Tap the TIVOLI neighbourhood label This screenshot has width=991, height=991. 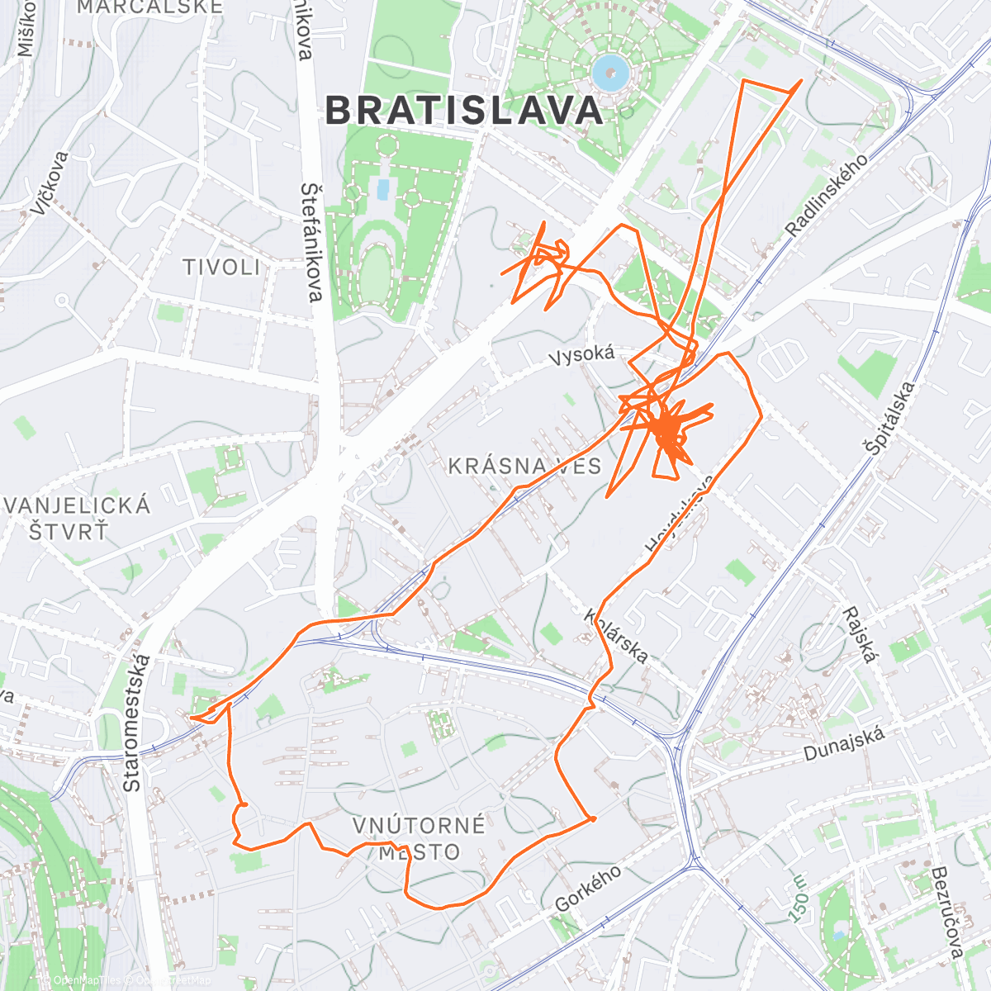221,267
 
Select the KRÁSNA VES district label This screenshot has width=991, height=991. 525,466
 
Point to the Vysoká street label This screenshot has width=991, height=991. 582,355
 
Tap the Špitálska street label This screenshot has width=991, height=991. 889,418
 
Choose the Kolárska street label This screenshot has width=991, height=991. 615,637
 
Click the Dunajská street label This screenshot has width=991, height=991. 844,743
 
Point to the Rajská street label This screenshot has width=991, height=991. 858,635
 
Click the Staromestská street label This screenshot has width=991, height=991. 137,723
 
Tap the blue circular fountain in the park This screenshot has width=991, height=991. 611,73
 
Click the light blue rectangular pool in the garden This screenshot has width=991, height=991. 382,190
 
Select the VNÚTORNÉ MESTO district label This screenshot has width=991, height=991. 419,838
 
